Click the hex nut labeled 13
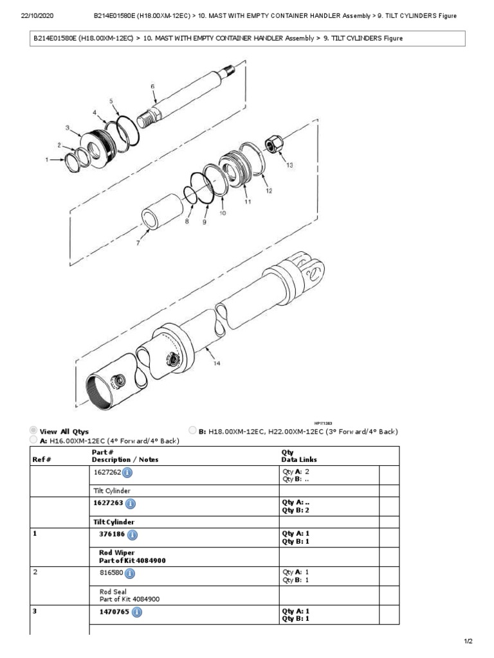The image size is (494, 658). click(x=271, y=146)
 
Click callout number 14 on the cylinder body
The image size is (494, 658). click(x=217, y=364)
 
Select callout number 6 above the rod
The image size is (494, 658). click(x=152, y=86)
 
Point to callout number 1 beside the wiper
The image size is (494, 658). click(x=46, y=159)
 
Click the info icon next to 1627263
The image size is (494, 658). click(x=131, y=504)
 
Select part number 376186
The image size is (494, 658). click(x=111, y=535)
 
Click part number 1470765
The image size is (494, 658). click(x=113, y=612)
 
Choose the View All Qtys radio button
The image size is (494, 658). click(x=33, y=431)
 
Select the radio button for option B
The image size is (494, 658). click(x=192, y=431)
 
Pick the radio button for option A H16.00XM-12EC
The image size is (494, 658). click(x=33, y=440)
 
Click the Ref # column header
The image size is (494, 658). click(x=42, y=459)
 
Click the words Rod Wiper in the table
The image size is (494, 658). click(x=112, y=552)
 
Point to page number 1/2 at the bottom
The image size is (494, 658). click(x=468, y=641)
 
